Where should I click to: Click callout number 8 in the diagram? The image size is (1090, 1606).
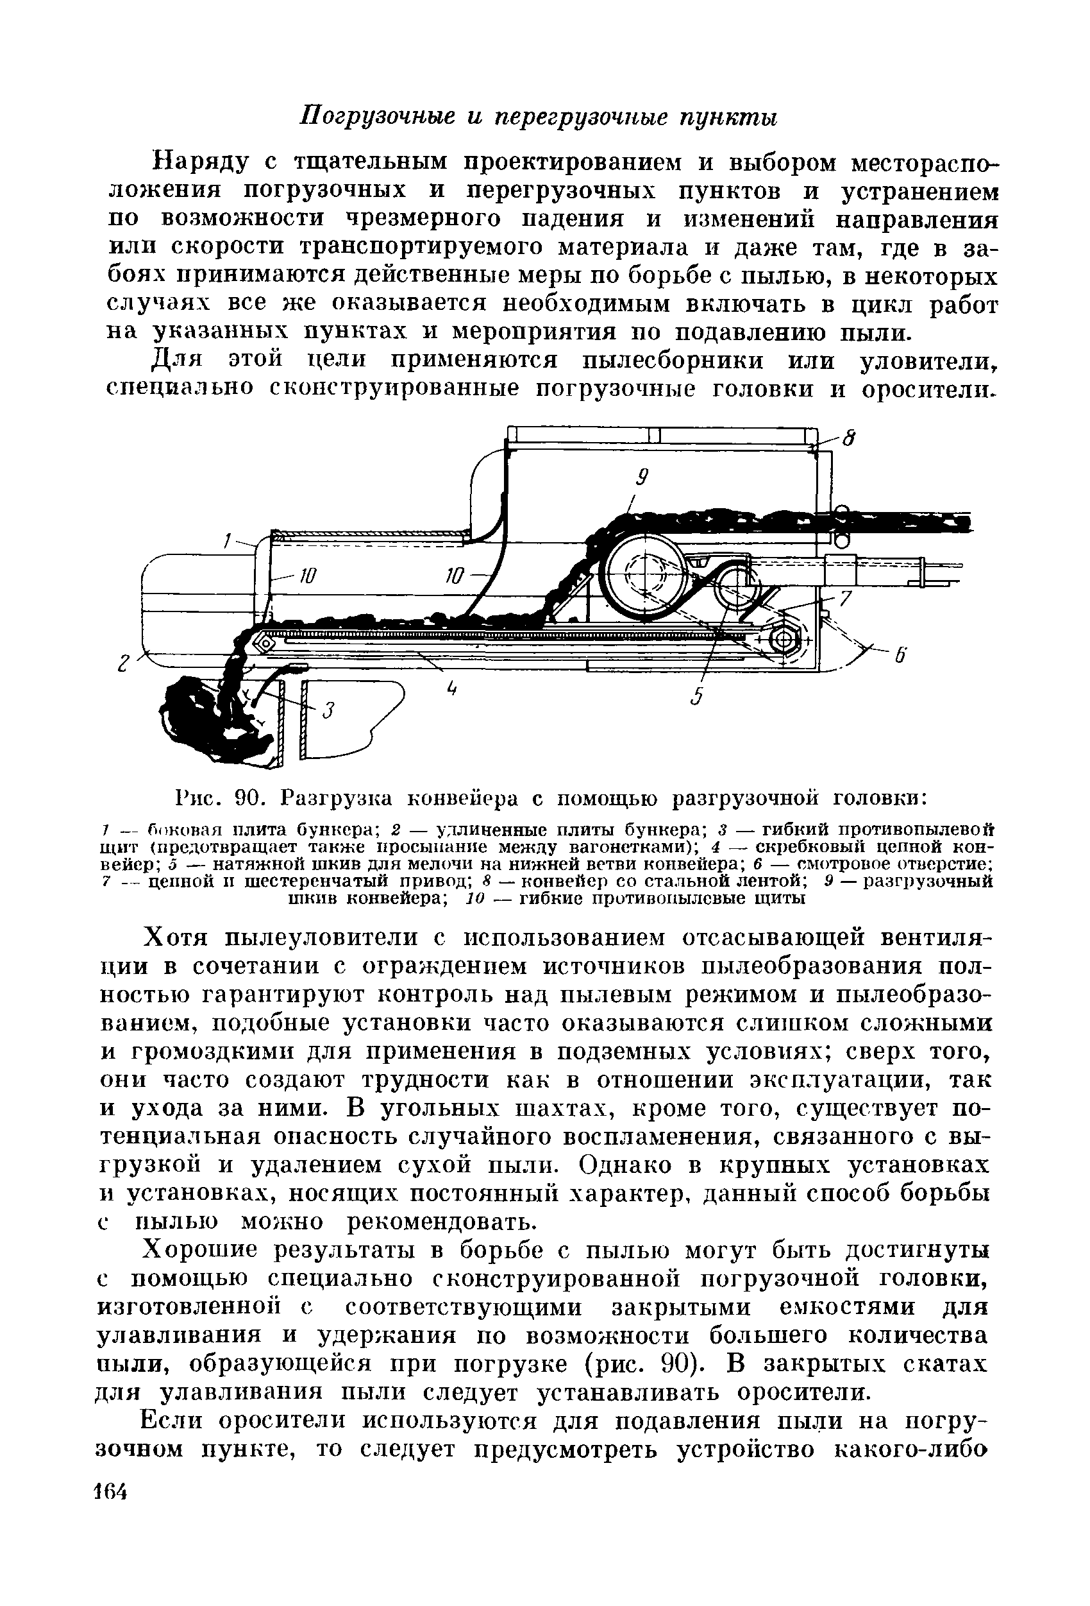pos(851,438)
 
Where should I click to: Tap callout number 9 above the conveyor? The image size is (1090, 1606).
pos(641,477)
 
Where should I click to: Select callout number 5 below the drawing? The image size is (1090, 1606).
pos(698,697)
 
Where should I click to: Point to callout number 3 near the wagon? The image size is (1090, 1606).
pos(330,710)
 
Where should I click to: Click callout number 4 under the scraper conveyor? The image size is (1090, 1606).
pos(453,689)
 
